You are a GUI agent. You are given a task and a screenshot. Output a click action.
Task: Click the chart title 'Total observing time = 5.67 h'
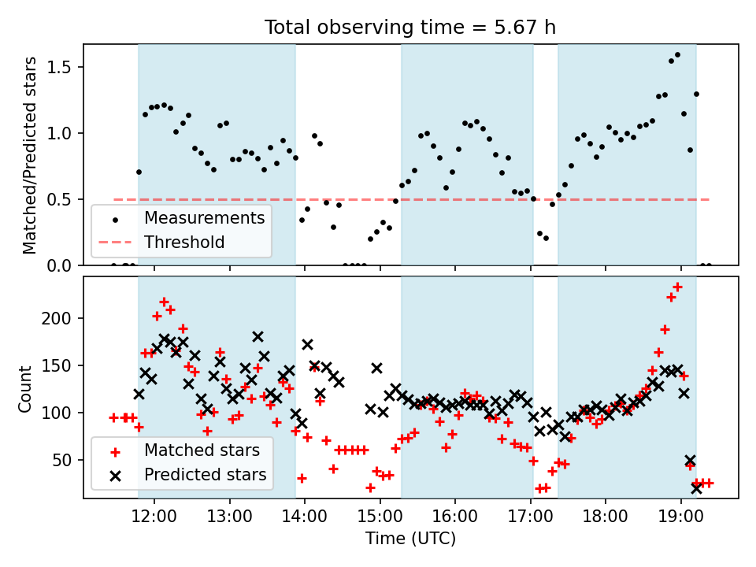coord(409,27)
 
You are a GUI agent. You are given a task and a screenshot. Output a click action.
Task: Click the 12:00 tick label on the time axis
coord(154,517)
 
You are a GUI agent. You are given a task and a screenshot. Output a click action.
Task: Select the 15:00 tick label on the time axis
coord(380,517)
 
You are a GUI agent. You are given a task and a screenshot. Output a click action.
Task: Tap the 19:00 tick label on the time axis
coord(680,517)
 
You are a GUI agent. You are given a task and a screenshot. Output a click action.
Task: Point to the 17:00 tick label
coord(530,517)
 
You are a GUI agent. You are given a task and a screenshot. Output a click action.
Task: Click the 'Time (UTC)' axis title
coord(410,538)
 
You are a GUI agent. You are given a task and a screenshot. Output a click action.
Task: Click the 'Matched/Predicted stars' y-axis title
coord(29,155)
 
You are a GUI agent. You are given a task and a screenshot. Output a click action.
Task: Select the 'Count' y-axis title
coord(24,388)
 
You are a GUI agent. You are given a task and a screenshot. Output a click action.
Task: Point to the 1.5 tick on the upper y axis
coord(58,67)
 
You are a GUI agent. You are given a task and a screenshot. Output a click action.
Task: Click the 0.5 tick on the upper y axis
coord(58,199)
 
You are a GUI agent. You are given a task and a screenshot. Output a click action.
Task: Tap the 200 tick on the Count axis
coord(56,318)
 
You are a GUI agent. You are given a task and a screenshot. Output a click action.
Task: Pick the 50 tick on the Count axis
coord(61,460)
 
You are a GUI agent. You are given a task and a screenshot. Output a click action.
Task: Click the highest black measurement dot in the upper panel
coord(677,55)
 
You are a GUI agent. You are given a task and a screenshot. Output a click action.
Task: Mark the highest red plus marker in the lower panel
coord(677,287)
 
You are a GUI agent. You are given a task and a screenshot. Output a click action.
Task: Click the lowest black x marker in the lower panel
coord(696,488)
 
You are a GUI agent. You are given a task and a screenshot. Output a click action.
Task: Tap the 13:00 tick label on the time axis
coord(229,517)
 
